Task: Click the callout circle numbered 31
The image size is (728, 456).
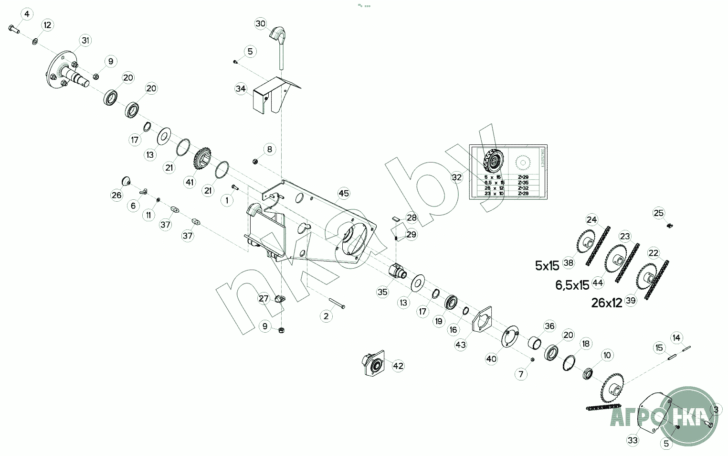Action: [85, 41]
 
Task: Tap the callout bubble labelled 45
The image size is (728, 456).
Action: [344, 193]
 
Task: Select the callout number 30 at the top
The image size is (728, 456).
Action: [260, 23]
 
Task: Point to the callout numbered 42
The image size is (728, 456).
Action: [398, 366]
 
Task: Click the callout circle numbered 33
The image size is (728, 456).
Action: [633, 440]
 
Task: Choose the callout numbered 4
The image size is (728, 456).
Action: [27, 14]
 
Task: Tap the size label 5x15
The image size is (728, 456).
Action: [547, 266]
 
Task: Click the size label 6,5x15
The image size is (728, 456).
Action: [572, 285]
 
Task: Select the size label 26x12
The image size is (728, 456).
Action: [606, 303]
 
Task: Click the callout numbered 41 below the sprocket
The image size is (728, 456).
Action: [190, 182]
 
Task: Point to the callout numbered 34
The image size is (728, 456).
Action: [241, 89]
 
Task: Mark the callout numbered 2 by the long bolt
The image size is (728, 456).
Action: [326, 316]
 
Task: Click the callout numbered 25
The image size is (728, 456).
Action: [659, 213]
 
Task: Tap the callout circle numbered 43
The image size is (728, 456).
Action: [461, 345]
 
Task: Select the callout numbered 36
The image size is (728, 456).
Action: [549, 326]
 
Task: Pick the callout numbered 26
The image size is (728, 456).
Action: [116, 195]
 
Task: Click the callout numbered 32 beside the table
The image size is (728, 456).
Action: [457, 177]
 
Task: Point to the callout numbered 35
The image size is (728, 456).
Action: [382, 292]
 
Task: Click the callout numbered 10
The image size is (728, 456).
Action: [607, 355]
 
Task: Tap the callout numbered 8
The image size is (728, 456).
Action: [269, 149]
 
